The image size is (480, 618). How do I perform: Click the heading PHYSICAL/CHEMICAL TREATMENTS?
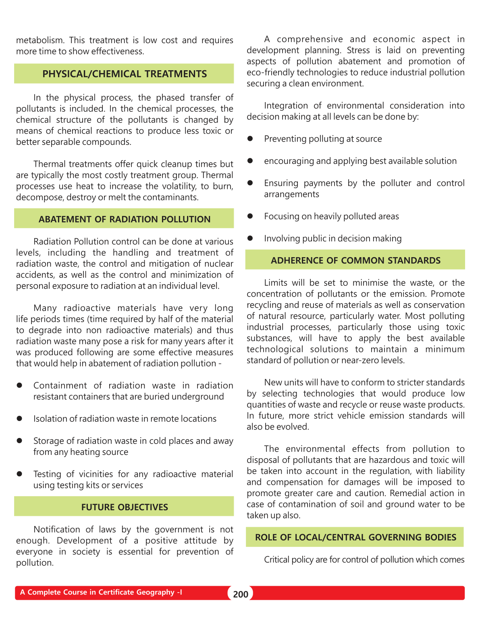pyautogui.click(x=125, y=74)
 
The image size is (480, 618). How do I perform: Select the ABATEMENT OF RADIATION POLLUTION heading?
pyautogui.click(x=125, y=219)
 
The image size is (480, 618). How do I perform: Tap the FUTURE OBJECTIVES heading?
pyautogui.click(x=125, y=507)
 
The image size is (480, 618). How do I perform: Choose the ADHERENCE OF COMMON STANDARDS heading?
pyautogui.click(x=355, y=260)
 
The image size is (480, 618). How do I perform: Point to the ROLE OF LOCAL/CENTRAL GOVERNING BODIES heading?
pyautogui.click(x=355, y=537)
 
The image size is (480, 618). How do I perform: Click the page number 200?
pyautogui.click(x=241, y=594)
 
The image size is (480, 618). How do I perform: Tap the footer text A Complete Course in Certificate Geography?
pyautogui.click(x=101, y=592)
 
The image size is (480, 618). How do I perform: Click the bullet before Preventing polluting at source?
pyautogui.click(x=250, y=138)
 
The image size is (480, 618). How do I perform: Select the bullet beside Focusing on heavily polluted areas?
pyautogui.click(x=250, y=216)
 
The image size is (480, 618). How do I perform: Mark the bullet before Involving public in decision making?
pyautogui.click(x=250, y=238)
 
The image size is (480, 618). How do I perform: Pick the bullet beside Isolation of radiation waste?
pyautogui.click(x=19, y=419)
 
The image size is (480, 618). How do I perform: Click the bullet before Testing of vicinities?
pyautogui.click(x=19, y=474)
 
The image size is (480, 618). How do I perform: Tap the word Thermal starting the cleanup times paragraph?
pyautogui.click(x=49, y=164)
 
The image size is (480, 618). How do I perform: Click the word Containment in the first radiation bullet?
pyautogui.click(x=60, y=385)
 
